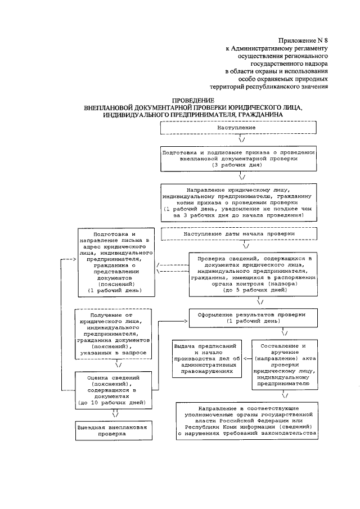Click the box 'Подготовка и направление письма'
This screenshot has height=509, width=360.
click(114, 263)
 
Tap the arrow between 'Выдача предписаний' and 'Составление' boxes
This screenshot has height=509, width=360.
click(247, 357)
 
